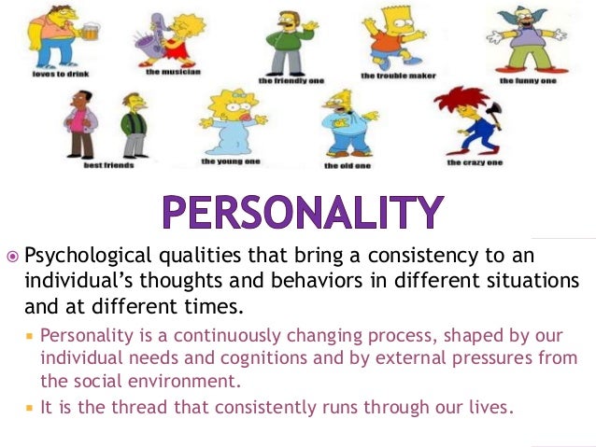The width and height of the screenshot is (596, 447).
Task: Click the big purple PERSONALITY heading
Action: click(299, 210)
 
